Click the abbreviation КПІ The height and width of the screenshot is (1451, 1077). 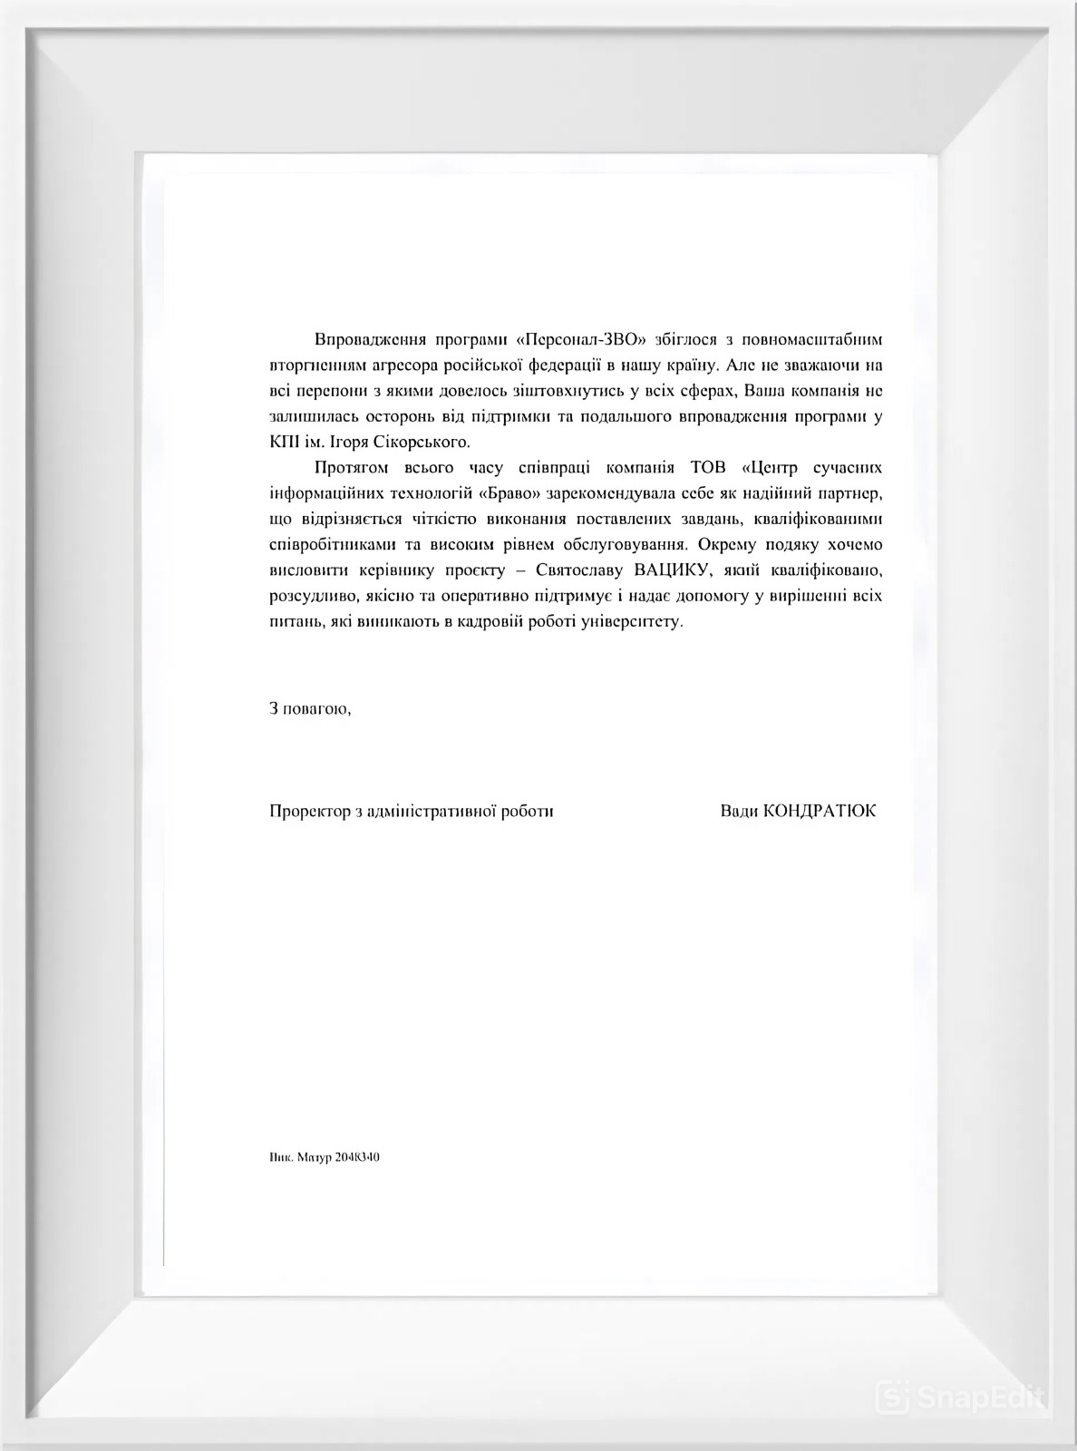(285, 443)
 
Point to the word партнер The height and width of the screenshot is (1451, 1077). (846, 494)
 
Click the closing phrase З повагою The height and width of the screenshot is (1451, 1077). (309, 708)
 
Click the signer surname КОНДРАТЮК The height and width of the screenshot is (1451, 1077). (820, 811)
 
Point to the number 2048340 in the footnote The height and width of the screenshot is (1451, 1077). (357, 1157)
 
